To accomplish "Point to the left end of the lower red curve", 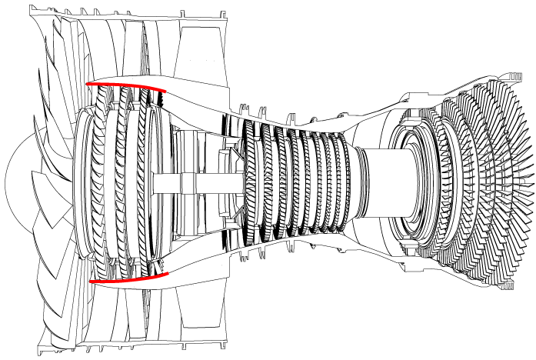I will pyautogui.click(x=91, y=281).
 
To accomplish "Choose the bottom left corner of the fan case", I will pyautogui.click(x=37, y=354).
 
